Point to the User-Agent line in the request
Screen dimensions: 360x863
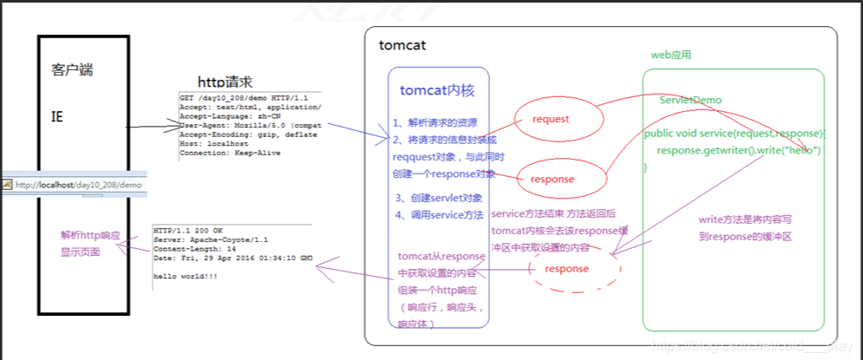[x=251, y=126]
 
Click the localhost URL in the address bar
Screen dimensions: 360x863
[x=77, y=185]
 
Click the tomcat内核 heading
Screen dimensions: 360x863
[x=436, y=89]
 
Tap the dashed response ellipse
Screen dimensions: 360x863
[x=566, y=269]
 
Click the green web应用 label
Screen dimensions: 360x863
[x=670, y=55]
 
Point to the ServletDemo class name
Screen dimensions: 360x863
[x=690, y=101]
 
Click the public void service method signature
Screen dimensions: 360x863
[x=736, y=134]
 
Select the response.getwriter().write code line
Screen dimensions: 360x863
[x=738, y=150]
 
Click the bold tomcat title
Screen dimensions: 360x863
[x=402, y=45]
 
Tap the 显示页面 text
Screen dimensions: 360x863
[x=80, y=252]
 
